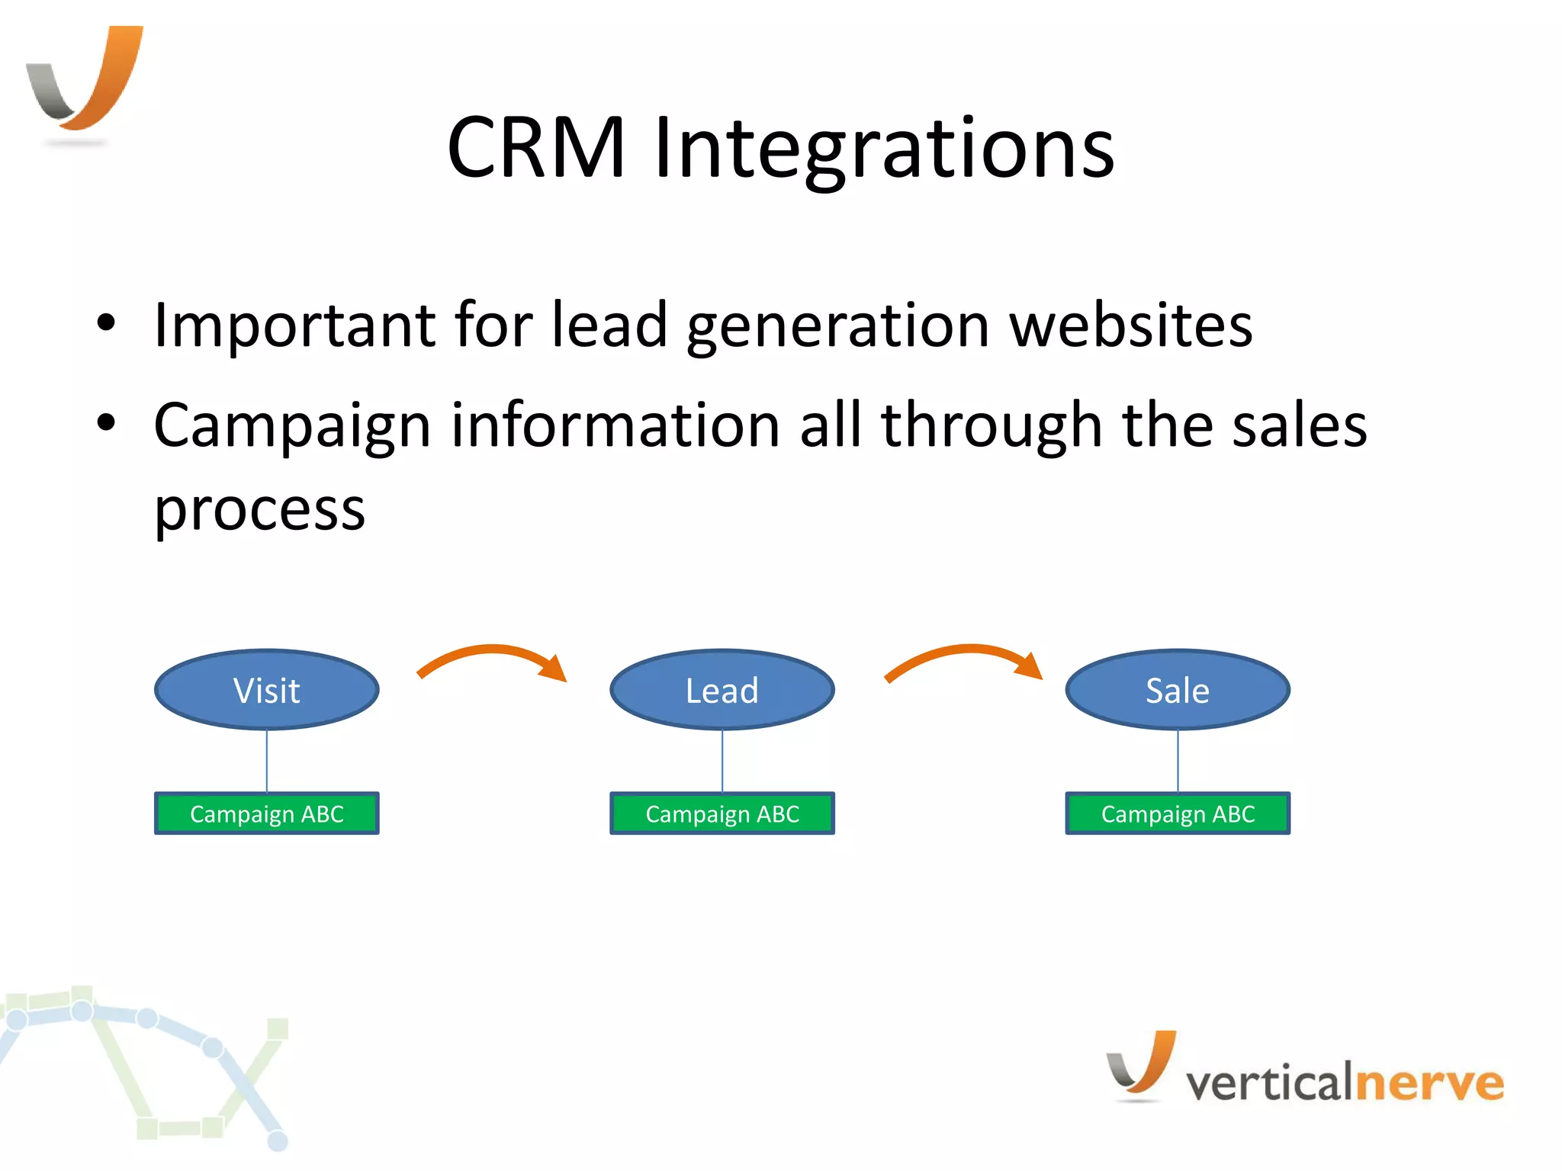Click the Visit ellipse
pyautogui.click(x=267, y=690)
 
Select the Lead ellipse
pyautogui.click(x=722, y=690)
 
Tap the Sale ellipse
pyautogui.click(x=1178, y=690)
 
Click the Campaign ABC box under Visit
pyautogui.click(x=267, y=813)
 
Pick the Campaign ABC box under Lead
pyautogui.click(x=722, y=813)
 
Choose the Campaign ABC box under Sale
pyautogui.click(x=1178, y=813)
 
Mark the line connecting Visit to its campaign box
pyautogui.click(x=267, y=761)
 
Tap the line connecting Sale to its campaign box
pyautogui.click(x=1178, y=761)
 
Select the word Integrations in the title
pyautogui.click(x=885, y=149)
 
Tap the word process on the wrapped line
pyautogui.click(x=259, y=509)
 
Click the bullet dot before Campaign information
pyautogui.click(x=106, y=422)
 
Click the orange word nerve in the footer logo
pyautogui.click(x=1429, y=1083)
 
